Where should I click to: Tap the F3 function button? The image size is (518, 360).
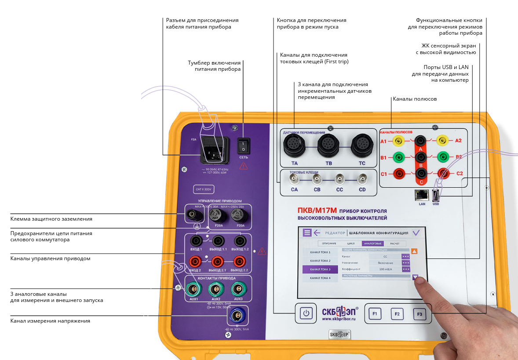[420, 314]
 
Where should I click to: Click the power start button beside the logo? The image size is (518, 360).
[306, 313]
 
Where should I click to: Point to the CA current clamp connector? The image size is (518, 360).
[294, 179]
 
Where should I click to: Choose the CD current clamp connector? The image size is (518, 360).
[362, 179]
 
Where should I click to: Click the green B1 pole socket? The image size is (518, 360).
[398, 157]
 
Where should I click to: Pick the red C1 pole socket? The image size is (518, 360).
[398, 174]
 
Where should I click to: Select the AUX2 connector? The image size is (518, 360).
[215, 288]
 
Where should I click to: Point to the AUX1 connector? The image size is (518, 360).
[193, 288]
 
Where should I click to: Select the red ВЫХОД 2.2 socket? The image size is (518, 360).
[239, 262]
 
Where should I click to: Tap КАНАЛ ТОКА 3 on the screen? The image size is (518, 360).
[320, 269]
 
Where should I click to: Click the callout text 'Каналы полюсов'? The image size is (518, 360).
[415, 99]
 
